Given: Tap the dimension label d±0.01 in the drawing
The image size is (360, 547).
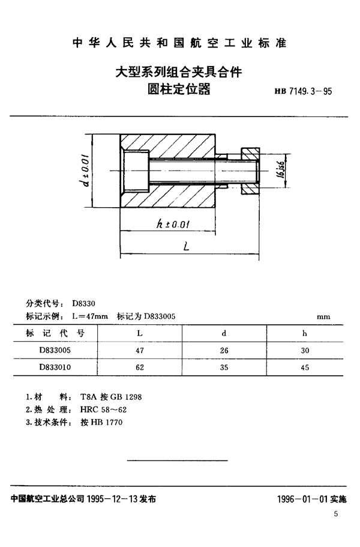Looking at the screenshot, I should click(x=85, y=170).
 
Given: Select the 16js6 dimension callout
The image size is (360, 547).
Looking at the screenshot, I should click(x=279, y=170).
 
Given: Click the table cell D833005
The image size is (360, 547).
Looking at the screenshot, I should click(x=58, y=349).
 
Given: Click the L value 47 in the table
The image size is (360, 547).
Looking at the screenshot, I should click(x=140, y=349).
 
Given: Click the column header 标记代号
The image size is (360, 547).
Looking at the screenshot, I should click(x=58, y=332).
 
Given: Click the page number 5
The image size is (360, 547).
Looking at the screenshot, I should click(x=336, y=514).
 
